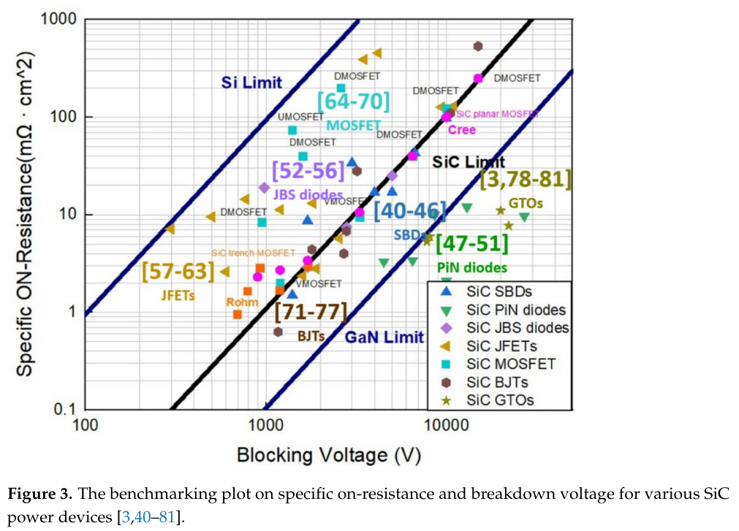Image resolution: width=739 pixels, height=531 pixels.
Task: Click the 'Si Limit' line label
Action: [251, 83]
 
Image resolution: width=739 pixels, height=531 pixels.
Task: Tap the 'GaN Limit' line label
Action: [384, 337]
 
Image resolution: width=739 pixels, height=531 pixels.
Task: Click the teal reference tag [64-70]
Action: [353, 101]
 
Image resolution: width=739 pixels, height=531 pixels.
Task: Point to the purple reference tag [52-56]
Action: [308, 170]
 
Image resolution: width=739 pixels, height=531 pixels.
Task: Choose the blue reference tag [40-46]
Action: [409, 210]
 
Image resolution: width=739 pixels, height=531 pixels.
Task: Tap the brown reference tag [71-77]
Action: [311, 312]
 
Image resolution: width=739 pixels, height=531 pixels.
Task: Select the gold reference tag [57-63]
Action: [178, 272]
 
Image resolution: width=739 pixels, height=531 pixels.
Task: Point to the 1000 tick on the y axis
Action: [57, 20]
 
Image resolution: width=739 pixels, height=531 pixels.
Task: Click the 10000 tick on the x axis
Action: [444, 424]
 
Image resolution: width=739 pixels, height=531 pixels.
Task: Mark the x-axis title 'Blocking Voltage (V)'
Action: [328, 456]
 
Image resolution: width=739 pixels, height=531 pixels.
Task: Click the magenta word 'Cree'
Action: [461, 130]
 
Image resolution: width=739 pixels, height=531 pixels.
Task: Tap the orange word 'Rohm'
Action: [242, 302]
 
